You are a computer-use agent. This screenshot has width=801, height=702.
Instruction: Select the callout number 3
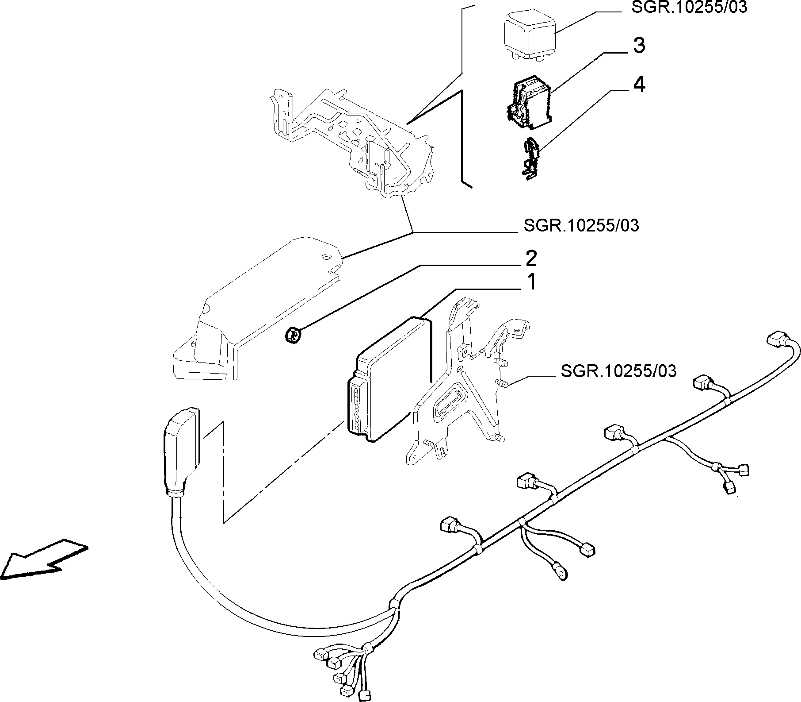[x=639, y=46]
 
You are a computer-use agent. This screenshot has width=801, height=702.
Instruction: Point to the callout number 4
[x=639, y=84]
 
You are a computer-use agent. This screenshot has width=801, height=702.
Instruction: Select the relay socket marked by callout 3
[x=529, y=102]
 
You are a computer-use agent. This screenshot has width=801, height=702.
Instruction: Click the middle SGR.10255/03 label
[x=581, y=226]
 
